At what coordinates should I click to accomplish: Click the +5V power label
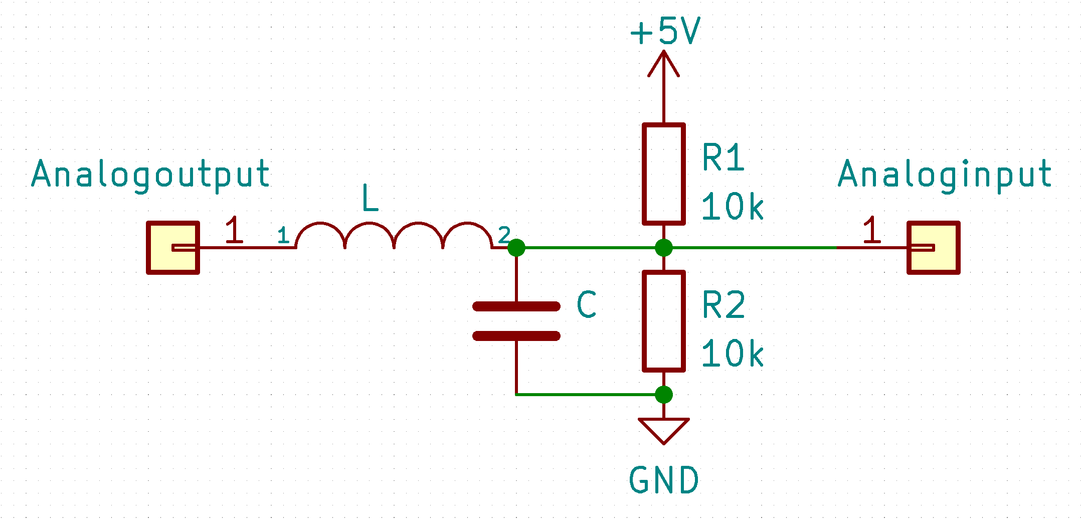(665, 31)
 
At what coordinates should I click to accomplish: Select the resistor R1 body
(663, 174)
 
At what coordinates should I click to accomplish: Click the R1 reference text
(723, 158)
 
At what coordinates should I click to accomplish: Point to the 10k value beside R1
(732, 207)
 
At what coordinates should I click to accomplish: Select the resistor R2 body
(663, 321)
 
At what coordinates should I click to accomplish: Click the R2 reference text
(724, 305)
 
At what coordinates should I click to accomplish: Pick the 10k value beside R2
(732, 354)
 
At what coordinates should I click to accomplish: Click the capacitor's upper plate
(516, 306)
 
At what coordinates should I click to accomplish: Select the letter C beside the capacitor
(586, 304)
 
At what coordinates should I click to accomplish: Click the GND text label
(663, 480)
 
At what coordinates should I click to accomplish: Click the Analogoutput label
(150, 174)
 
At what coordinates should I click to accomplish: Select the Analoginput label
(945, 174)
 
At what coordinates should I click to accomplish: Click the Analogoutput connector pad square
(173, 248)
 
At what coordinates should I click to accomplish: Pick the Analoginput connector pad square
(933, 248)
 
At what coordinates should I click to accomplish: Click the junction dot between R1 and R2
(663, 248)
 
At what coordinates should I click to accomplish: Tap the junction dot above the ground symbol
(663, 395)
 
